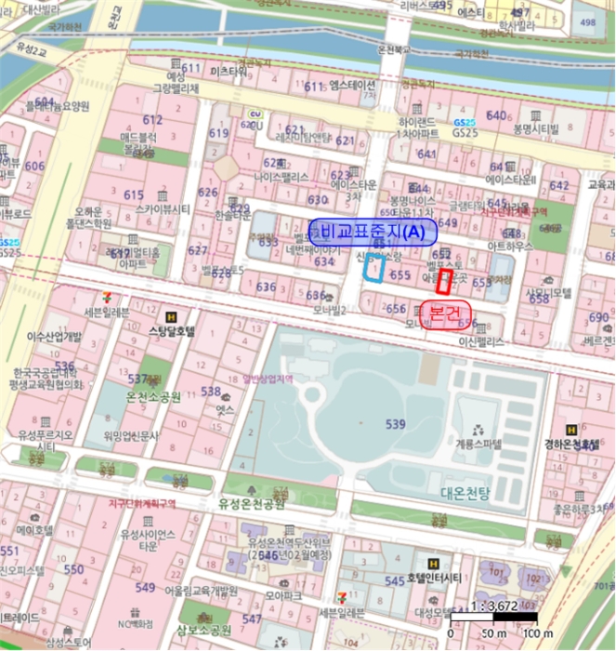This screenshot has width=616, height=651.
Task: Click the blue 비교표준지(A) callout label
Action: click(x=373, y=231)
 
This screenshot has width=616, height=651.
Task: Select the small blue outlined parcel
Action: click(x=374, y=267)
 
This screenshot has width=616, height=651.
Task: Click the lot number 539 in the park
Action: click(x=396, y=424)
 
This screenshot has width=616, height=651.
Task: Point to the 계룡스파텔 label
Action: click(x=478, y=445)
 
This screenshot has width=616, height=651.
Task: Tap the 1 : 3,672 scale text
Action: click(x=492, y=605)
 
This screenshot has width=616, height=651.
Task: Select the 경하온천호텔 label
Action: click(x=571, y=445)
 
